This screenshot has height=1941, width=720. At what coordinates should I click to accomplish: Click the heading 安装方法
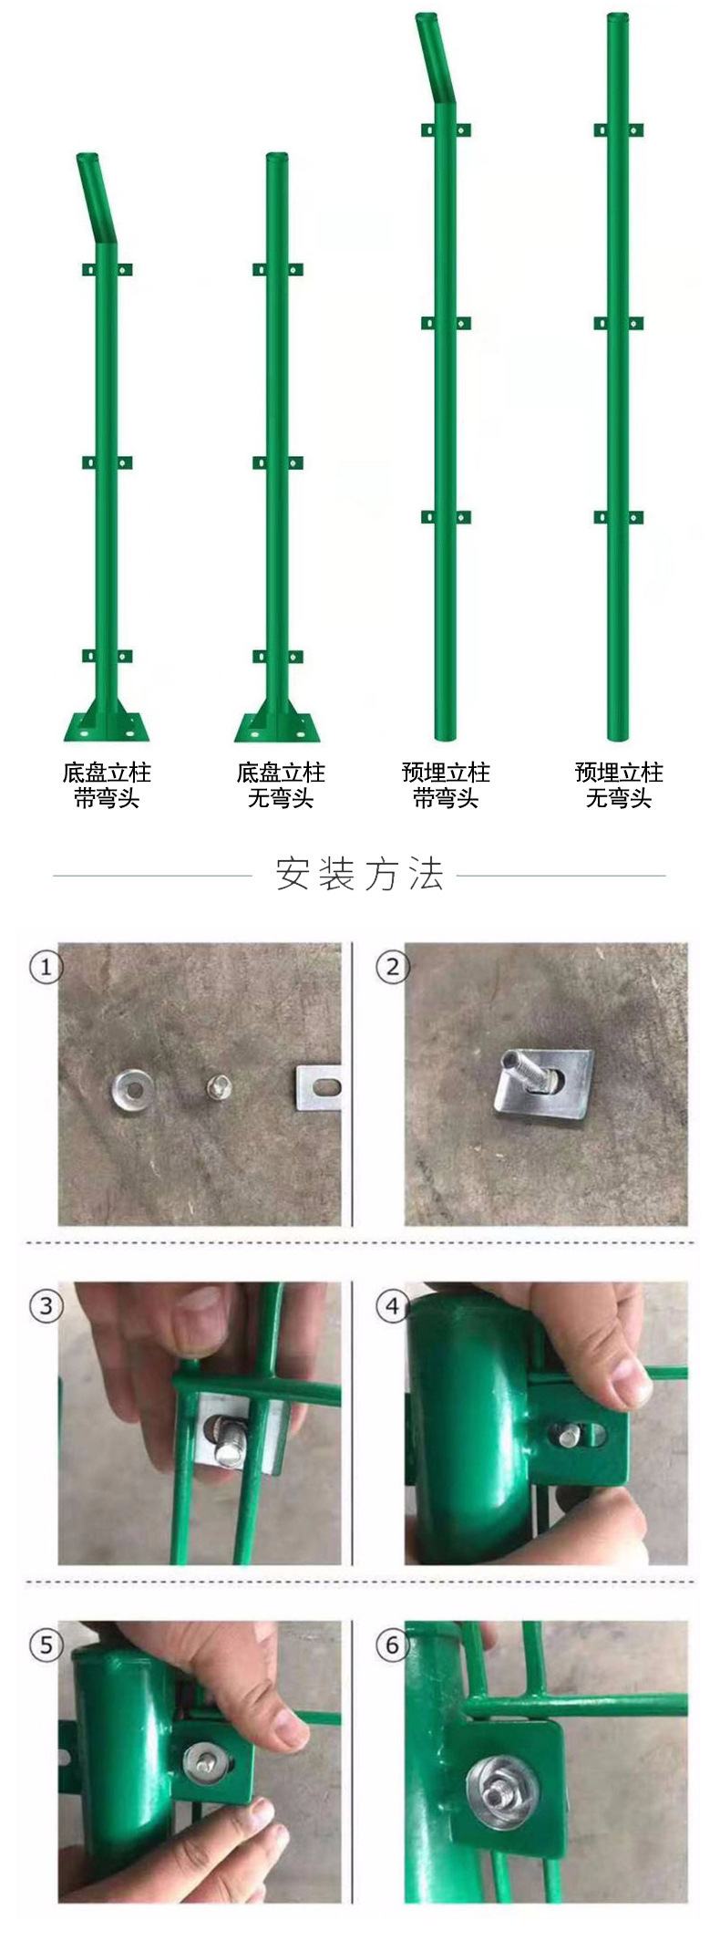click(359, 874)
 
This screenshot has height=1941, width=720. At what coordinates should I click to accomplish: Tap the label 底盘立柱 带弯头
click(107, 785)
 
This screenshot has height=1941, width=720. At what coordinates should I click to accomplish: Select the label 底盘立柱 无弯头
click(280, 785)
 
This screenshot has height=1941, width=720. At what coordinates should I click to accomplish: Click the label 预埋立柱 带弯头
click(446, 785)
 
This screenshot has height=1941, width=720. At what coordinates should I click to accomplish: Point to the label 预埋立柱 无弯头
click(619, 785)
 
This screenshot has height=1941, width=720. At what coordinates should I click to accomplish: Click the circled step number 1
click(46, 967)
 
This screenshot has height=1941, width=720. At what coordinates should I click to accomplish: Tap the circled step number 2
click(393, 967)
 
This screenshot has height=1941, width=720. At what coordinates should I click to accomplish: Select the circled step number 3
click(46, 1305)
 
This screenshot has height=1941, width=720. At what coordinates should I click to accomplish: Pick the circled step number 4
click(393, 1306)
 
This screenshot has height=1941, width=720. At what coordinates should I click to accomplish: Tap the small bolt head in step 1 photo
click(219, 1085)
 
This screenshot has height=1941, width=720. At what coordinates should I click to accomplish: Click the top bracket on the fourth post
click(618, 130)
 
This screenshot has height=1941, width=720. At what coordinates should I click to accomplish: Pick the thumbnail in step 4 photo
click(631, 1389)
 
